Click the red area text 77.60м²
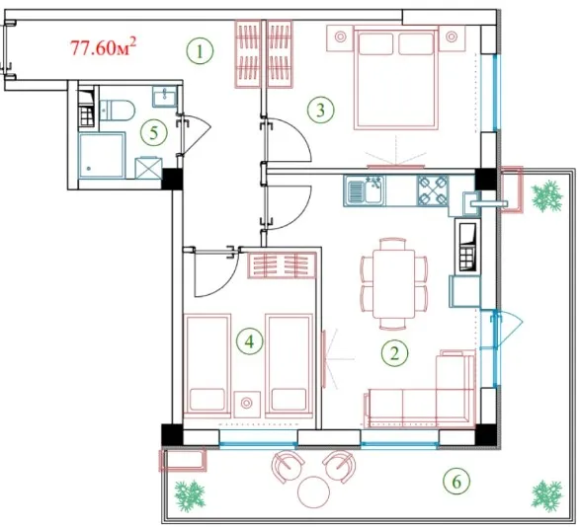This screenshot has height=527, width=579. click(x=104, y=47)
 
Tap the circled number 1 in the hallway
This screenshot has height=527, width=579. click(x=200, y=51)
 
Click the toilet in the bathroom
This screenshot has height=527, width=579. click(x=117, y=110)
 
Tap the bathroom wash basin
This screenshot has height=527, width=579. click(x=165, y=97)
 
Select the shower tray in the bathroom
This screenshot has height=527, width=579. click(x=102, y=156)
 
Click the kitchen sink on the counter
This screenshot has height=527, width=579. click(x=364, y=190)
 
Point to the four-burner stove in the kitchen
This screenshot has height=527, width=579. click(x=433, y=190)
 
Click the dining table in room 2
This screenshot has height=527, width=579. click(x=394, y=283)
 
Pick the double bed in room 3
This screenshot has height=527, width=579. click(x=396, y=77)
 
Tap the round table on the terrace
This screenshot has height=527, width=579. click(x=313, y=491)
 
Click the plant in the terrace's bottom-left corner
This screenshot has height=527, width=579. click(x=190, y=495)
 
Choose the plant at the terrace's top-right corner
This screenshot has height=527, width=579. click(x=546, y=195)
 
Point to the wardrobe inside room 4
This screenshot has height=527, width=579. click(x=283, y=264)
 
